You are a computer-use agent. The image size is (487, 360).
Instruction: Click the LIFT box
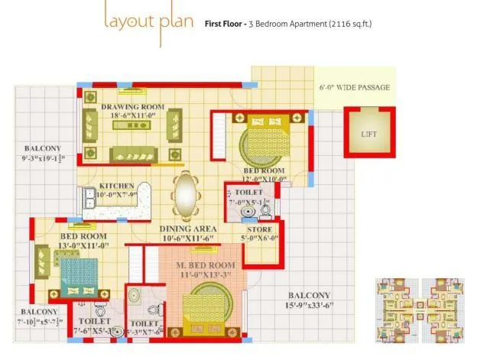(x=368, y=134)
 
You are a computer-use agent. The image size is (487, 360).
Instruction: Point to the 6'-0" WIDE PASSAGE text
(x=354, y=88)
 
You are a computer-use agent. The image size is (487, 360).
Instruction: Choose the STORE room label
(x=260, y=229)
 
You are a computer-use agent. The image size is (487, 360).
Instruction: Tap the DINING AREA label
(x=188, y=229)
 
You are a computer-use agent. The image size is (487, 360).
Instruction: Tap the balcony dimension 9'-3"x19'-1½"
(x=44, y=159)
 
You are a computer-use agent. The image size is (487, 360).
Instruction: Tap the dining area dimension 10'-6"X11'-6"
(x=188, y=238)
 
